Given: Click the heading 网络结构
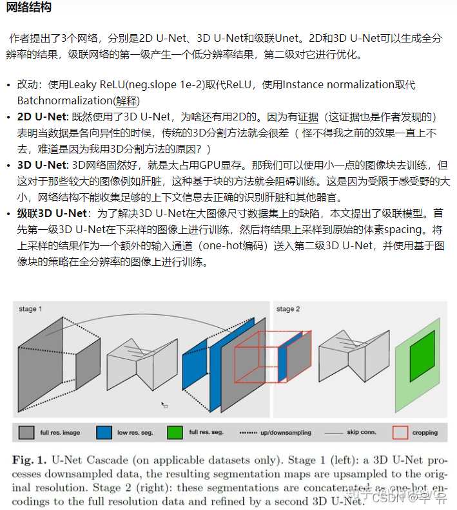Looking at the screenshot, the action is pos(28,8).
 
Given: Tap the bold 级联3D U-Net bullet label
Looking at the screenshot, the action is pos(53,213).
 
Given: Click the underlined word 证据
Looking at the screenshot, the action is pos(308,117).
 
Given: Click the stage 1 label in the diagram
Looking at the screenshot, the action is pos(31,310).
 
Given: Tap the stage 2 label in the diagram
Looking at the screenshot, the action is pos(288,310).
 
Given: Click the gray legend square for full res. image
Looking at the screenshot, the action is pos(26,433).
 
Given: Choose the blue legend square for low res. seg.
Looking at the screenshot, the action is pos(104,433).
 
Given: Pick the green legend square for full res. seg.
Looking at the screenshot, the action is pos(174,433).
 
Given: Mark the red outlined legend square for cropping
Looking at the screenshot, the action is pos(400,433).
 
